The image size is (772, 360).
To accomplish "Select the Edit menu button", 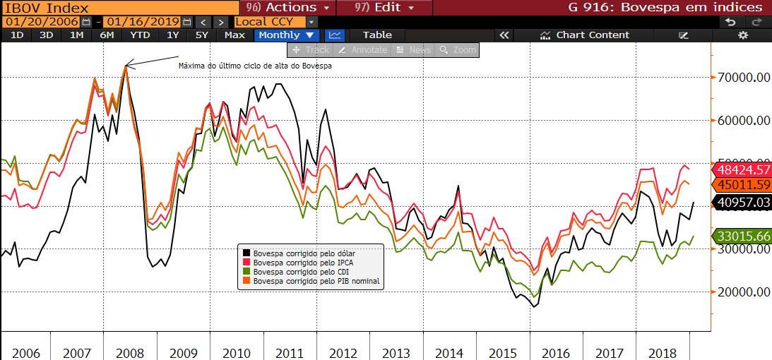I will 381,7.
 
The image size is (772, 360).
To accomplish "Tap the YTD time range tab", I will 141,35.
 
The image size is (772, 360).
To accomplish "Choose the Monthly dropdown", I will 288,35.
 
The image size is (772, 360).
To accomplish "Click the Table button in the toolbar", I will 376,35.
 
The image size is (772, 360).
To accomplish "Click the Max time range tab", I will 234,35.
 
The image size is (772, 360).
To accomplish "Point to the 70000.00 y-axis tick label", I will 740,78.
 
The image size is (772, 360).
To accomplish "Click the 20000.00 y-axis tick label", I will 740,292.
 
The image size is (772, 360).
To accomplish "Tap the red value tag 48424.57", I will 743,170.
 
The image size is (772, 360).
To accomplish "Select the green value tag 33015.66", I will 743,236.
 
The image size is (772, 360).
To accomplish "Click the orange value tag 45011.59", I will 743,186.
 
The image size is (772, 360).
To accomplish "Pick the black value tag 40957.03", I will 743,202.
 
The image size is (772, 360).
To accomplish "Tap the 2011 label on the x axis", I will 290,352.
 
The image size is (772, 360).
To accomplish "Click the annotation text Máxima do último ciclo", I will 255,66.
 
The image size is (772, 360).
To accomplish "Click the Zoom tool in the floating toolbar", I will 458,50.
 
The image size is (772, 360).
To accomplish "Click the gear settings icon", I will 742,35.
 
